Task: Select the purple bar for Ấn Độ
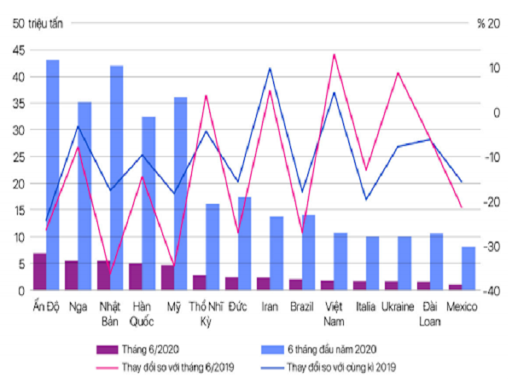click(x=39, y=271)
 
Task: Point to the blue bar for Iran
click(x=276, y=252)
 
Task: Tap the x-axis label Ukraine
click(x=399, y=305)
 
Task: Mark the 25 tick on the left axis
click(x=16, y=157)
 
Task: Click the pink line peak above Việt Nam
click(x=334, y=55)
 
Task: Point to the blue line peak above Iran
click(x=270, y=68)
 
